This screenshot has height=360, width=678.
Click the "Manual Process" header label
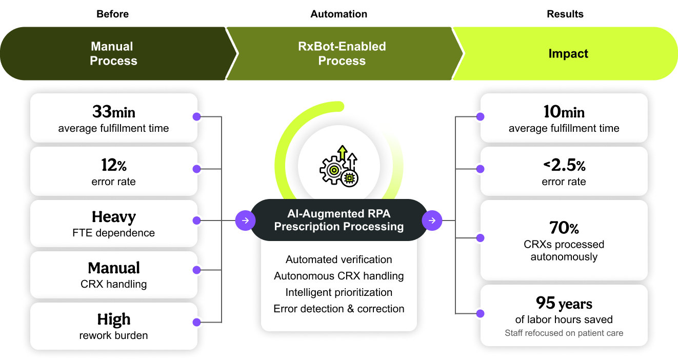(x=113, y=53)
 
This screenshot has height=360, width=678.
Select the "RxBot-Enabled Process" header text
(x=342, y=53)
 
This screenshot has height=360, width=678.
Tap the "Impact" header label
(x=568, y=54)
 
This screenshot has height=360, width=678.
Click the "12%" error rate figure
(x=113, y=165)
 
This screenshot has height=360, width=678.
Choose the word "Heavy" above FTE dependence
(x=113, y=217)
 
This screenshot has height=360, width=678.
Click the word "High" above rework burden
(x=113, y=320)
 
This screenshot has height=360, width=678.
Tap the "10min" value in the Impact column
(x=564, y=112)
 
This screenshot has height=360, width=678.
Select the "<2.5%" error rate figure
(x=564, y=165)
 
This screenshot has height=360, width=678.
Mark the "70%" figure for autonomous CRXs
(x=564, y=228)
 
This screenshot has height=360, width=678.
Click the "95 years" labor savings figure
(x=564, y=304)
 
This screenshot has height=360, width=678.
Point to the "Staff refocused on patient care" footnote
(x=564, y=333)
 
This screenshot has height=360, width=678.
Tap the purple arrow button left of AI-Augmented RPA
(x=245, y=221)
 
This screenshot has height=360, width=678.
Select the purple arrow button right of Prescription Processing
(x=432, y=221)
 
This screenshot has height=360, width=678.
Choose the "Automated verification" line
(x=339, y=259)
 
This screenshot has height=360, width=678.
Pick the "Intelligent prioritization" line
(x=339, y=292)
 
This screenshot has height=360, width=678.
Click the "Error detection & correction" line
(x=339, y=309)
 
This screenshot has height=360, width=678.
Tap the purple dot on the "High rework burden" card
(x=196, y=322)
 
